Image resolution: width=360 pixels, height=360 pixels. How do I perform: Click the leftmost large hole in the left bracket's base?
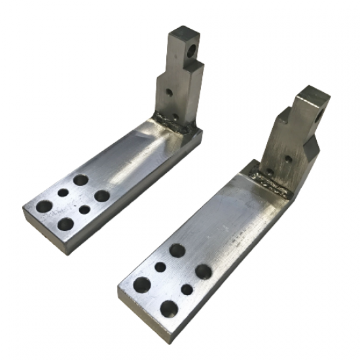click(44, 206)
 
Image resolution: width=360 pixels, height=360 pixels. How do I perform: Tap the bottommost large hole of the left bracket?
click(65, 224)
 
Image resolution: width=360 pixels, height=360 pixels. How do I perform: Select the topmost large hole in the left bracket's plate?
click(81, 180)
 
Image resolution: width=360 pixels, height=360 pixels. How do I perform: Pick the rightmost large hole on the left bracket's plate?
click(101, 196)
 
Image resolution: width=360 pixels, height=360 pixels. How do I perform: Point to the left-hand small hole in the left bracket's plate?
click(63, 193)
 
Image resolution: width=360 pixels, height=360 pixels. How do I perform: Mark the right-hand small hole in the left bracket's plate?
click(84, 210)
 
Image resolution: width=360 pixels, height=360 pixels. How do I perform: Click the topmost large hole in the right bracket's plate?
click(177, 249)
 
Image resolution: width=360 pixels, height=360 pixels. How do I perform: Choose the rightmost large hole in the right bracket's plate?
click(203, 271)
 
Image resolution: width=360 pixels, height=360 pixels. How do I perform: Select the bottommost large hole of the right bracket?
click(169, 308)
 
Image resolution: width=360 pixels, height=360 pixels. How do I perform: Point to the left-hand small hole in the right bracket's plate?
click(160, 266)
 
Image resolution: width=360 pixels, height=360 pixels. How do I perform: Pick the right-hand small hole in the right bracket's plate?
click(187, 289)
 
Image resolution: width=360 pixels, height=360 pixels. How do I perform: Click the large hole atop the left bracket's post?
click(192, 50)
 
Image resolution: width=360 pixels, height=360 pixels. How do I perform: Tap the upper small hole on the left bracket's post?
click(170, 93)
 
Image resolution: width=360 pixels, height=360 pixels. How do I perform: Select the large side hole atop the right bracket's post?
click(319, 117)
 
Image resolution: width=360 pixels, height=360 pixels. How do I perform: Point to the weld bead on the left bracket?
click(174, 125)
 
